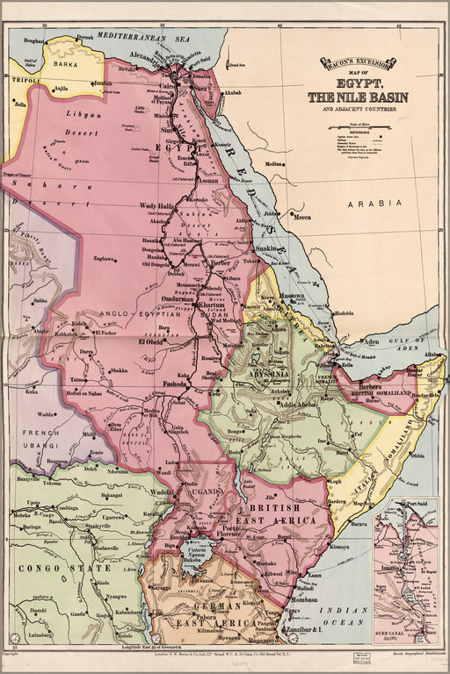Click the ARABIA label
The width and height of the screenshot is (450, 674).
(x=374, y=203)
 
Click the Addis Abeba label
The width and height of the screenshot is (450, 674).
(x=299, y=405)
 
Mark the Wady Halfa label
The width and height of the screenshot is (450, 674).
(x=156, y=206)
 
